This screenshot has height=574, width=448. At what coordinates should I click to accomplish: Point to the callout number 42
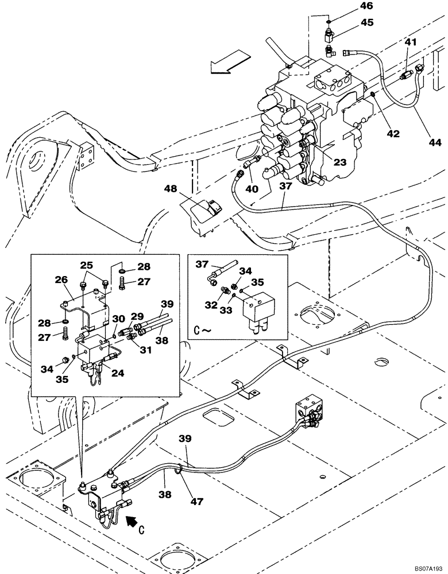tap(392, 133)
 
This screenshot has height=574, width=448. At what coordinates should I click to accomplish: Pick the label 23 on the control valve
tap(340, 162)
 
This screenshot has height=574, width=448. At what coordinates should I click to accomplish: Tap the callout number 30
tap(118, 319)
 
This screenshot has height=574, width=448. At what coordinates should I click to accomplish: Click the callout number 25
tap(86, 265)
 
